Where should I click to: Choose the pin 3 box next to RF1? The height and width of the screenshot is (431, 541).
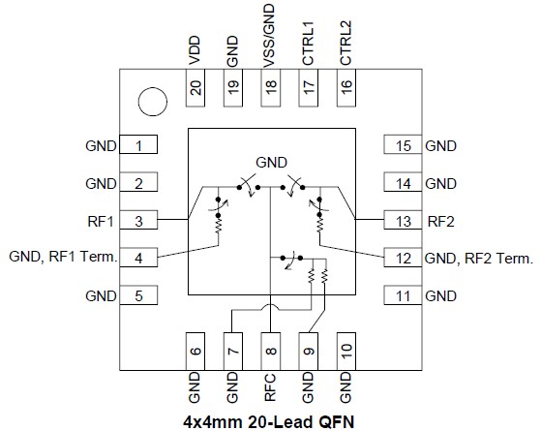[x=138, y=221]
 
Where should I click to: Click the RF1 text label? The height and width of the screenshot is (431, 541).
[x=101, y=221]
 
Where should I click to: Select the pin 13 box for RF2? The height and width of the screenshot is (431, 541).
[x=403, y=221]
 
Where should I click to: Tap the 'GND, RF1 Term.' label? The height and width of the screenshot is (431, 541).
[x=63, y=258]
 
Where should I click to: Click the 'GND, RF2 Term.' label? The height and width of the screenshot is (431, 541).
[x=479, y=258]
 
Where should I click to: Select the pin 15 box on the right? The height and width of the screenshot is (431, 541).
[x=403, y=146]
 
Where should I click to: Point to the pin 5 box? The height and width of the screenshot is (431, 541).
[x=138, y=295]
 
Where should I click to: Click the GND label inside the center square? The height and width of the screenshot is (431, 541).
[x=272, y=161]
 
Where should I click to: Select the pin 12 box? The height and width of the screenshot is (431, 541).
[x=403, y=258]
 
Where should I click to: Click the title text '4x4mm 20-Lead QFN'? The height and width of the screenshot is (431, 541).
[x=270, y=421]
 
